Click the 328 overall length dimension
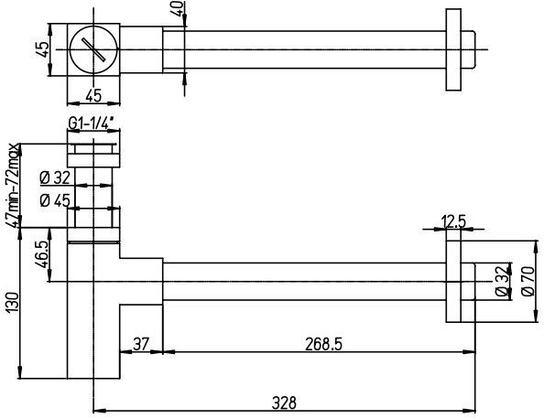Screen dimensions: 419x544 [x=283, y=402]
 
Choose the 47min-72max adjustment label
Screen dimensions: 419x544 [x=14, y=187]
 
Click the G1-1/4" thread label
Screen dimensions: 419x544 [x=92, y=124]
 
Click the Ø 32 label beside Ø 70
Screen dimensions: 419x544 [x=500, y=280]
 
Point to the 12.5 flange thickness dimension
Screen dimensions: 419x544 [x=454, y=220]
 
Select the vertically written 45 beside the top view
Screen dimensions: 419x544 [x=42, y=48]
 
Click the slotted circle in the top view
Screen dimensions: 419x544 [x=94, y=48]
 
